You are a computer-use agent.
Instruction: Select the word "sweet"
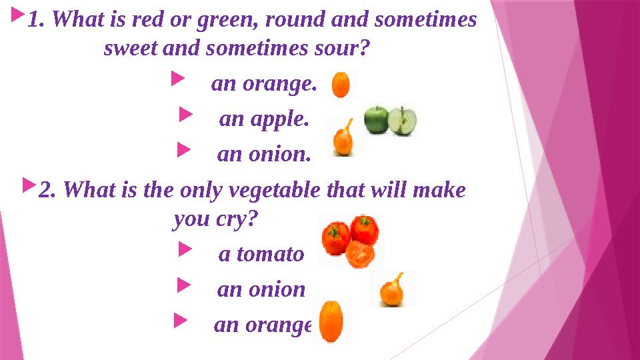[x=131, y=49]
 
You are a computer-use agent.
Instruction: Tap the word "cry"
[x=239, y=219]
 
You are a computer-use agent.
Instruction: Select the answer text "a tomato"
[x=261, y=254]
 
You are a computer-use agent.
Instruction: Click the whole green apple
[x=376, y=120]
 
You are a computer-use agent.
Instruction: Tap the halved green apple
[x=403, y=120]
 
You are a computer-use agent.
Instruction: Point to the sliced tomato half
[x=361, y=254]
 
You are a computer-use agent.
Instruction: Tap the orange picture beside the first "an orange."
[x=341, y=85]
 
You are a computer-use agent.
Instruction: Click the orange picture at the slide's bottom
[x=331, y=321]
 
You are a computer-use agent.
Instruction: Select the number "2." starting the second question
[x=47, y=191]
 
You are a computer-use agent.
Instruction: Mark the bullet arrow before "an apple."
[x=185, y=117]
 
